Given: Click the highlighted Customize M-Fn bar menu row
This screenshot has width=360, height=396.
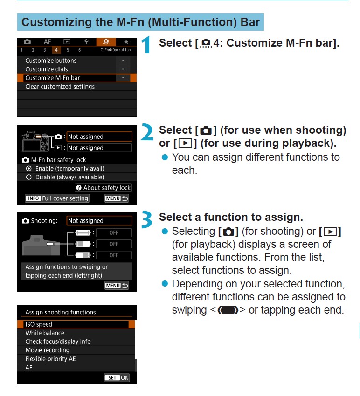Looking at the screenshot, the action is pyautogui.click(x=77, y=78).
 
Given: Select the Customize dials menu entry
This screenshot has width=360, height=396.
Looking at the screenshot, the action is pyautogui.click(x=47, y=69).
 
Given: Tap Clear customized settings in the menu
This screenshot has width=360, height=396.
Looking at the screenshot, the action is pyautogui.click(x=60, y=87).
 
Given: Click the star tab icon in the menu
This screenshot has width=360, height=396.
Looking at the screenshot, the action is pyautogui.click(x=126, y=41).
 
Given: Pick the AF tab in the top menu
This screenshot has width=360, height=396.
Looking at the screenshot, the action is pyautogui.click(x=47, y=41).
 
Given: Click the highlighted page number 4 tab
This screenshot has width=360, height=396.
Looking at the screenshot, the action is pyautogui.click(x=56, y=50).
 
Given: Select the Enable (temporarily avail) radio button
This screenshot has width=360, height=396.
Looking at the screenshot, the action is pyautogui.click(x=29, y=169).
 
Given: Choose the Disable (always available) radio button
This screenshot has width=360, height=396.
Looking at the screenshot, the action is pyautogui.click(x=29, y=178).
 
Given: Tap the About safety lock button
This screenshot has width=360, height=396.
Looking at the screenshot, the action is pyautogui.click(x=103, y=188).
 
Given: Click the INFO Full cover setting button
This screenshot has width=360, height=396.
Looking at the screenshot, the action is pyautogui.click(x=57, y=198).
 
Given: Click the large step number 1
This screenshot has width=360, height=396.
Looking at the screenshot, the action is pyautogui.click(x=146, y=44).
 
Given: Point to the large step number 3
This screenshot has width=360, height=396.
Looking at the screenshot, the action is pyautogui.click(x=146, y=219).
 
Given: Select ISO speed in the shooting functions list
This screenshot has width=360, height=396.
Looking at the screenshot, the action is pyautogui.click(x=39, y=324).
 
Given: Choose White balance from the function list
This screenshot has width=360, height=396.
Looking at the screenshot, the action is pyautogui.click(x=45, y=333).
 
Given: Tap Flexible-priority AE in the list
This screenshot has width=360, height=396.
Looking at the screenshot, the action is pyautogui.click(x=50, y=359).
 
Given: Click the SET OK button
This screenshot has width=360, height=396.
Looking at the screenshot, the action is pyautogui.click(x=117, y=377).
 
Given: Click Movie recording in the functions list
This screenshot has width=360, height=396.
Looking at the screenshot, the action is pyautogui.click(x=48, y=350).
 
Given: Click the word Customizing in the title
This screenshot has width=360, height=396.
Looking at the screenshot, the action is pyautogui.click(x=56, y=22).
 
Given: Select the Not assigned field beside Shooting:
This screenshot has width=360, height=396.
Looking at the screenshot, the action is pyautogui.click(x=99, y=221).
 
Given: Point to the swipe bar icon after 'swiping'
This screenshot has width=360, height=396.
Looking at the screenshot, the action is pyautogui.click(x=228, y=310).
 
